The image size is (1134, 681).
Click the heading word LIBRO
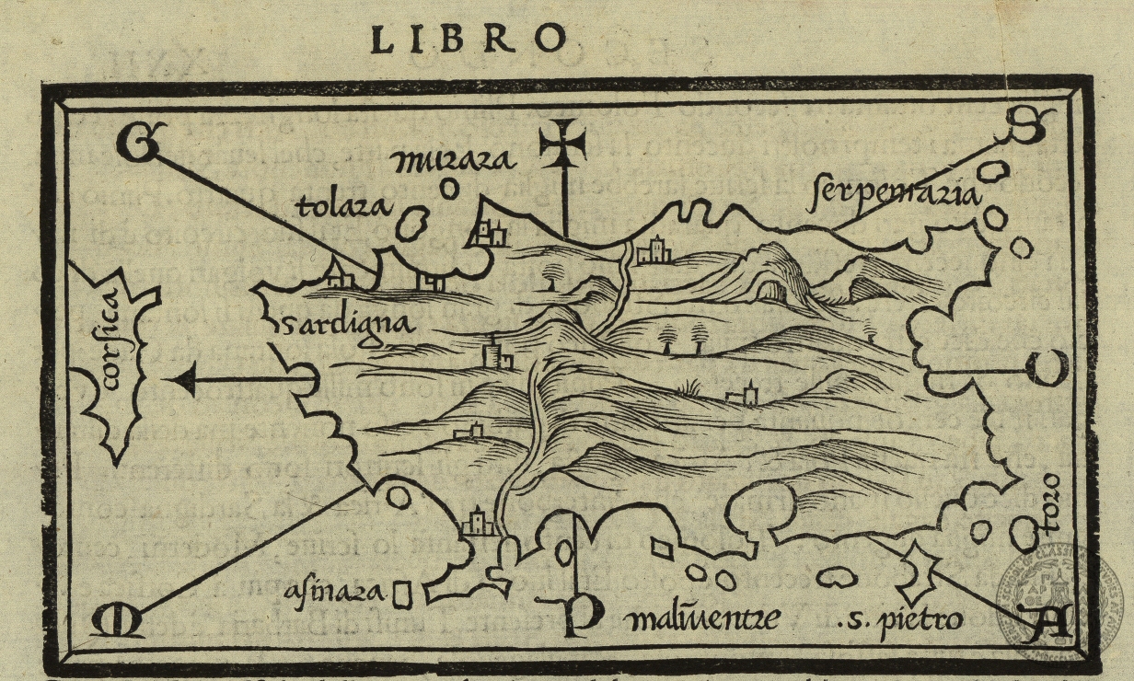pyautogui.click(x=468, y=38)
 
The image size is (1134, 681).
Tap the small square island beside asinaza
pyautogui.click(x=401, y=594)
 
